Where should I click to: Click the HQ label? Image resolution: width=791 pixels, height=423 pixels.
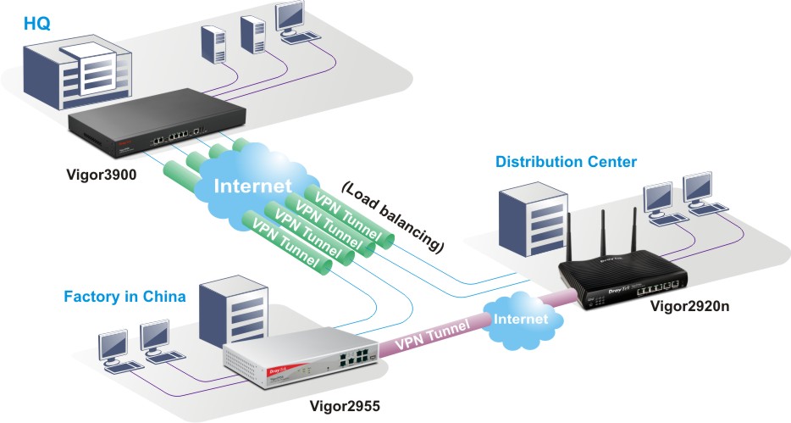37,23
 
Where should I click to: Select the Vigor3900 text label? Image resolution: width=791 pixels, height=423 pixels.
102,179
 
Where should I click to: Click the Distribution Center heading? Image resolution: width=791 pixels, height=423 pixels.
566,161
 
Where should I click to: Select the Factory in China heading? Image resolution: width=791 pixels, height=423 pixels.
124,298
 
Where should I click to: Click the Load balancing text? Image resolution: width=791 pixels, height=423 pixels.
394,216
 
